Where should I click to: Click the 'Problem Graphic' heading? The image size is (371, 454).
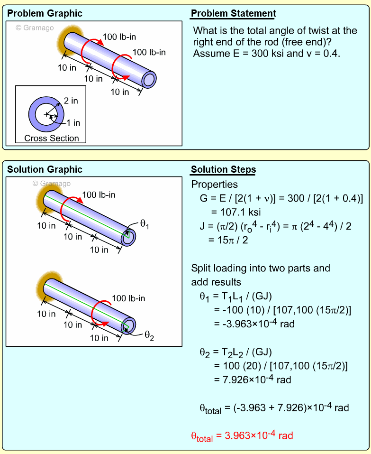[45, 13]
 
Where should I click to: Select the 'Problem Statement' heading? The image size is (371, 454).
[233, 13]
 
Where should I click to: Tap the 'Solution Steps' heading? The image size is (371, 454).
[223, 169]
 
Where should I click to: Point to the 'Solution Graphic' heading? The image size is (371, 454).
[45, 169]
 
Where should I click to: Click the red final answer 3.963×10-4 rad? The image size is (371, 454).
[242, 435]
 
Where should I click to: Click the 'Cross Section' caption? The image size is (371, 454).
[52, 139]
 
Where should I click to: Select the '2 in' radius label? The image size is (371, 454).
[71, 101]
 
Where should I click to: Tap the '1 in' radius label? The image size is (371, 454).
[73, 123]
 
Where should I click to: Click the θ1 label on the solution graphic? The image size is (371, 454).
[144, 225]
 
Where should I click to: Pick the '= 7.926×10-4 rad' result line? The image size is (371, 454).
[252, 379]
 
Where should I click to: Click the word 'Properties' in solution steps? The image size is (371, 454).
[214, 185]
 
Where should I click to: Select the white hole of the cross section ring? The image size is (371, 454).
[46, 115]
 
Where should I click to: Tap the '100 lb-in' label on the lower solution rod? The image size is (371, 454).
[128, 298]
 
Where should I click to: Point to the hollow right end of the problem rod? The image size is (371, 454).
[149, 80]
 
